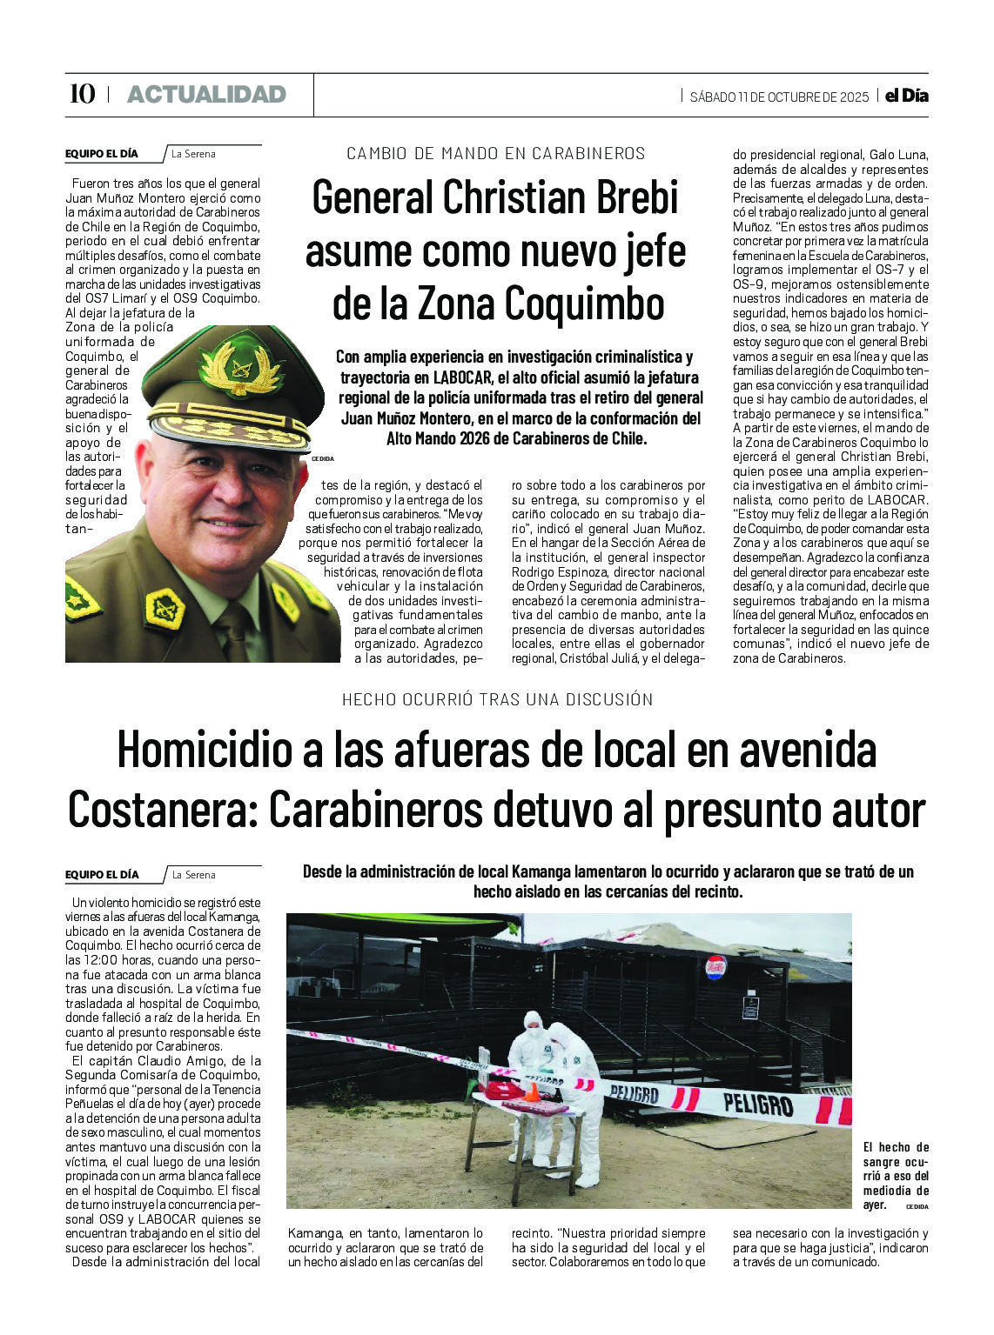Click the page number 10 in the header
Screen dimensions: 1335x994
pyautogui.click(x=82, y=94)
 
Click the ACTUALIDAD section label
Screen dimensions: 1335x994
pyautogui.click(x=206, y=94)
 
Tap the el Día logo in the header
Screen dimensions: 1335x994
pyautogui.click(x=906, y=96)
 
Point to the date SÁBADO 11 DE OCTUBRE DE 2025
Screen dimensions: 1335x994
pyautogui.click(x=779, y=97)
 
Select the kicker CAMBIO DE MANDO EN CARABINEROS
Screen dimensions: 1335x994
pyautogui.click(x=496, y=154)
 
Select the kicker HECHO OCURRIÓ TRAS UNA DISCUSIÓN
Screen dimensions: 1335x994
pyautogui.click(x=497, y=699)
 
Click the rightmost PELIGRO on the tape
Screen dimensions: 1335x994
pyautogui.click(x=757, y=1105)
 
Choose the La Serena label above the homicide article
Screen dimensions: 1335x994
pyautogui.click(x=193, y=875)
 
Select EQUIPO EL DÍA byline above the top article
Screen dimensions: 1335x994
pyautogui.click(x=101, y=154)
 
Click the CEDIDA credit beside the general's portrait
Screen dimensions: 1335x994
pyautogui.click(x=322, y=458)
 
